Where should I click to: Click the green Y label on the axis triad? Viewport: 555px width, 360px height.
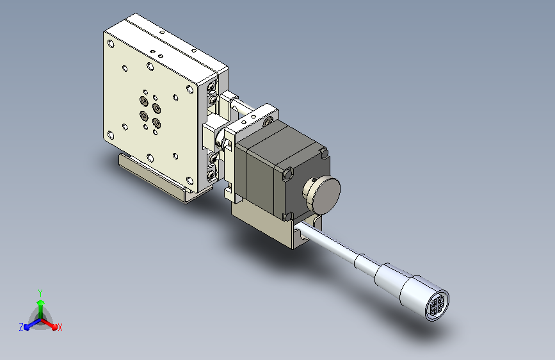click(40, 293)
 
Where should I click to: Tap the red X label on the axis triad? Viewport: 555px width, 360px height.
click(60, 328)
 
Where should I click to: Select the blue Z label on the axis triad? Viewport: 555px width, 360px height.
click(21, 327)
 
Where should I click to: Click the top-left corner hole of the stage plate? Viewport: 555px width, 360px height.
click(111, 44)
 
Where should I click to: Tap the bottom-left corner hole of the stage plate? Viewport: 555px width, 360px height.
click(111, 135)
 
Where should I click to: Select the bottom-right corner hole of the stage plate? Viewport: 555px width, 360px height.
click(190, 181)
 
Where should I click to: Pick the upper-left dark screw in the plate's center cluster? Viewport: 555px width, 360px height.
click(143, 101)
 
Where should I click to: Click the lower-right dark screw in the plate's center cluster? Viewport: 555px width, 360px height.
click(156, 122)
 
